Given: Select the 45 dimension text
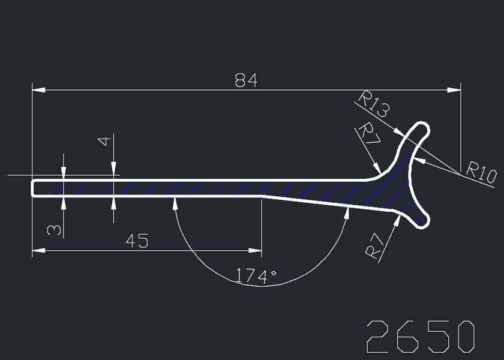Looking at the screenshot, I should coord(137,241).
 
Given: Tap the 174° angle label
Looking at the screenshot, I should coord(256,277).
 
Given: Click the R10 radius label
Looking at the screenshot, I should coord(481,173).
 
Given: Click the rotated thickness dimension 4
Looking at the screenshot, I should coord(104,141).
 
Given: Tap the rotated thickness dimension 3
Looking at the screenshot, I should coord(54,230).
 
